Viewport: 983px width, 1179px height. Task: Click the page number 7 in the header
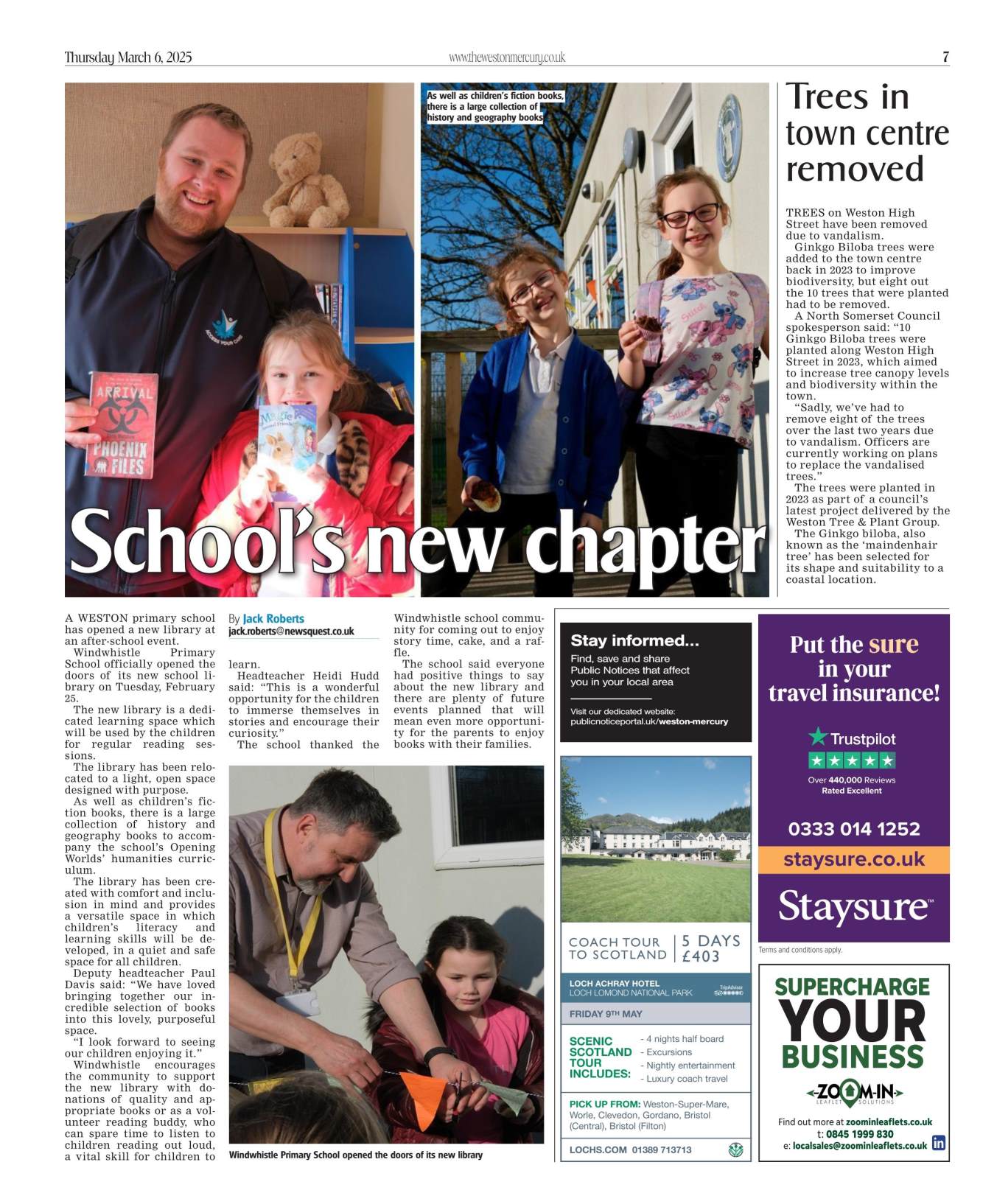(x=945, y=57)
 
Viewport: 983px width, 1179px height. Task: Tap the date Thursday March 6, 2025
(x=128, y=57)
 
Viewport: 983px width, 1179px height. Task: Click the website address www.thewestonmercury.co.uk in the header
(x=506, y=57)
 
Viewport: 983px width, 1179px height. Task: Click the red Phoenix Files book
(x=122, y=424)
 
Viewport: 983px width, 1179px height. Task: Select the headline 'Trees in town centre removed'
(x=867, y=133)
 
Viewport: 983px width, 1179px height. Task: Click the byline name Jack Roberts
(x=273, y=619)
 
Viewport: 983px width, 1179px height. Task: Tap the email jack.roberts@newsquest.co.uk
(x=291, y=632)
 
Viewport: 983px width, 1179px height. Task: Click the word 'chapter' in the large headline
(x=650, y=543)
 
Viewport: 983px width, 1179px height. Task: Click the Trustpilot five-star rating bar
(x=852, y=760)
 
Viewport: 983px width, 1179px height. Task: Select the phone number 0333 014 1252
(x=853, y=829)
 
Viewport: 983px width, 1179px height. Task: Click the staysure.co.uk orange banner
(x=853, y=859)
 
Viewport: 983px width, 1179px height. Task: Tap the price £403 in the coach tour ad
(x=700, y=956)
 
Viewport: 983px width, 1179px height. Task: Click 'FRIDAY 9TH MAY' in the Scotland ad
(x=606, y=1014)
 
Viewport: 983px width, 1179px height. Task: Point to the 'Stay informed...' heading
(x=634, y=640)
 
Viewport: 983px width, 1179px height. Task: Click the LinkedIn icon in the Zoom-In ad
(x=939, y=1143)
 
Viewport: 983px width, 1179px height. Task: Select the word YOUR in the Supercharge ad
(x=852, y=1022)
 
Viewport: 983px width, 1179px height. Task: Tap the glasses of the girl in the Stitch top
(x=690, y=216)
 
